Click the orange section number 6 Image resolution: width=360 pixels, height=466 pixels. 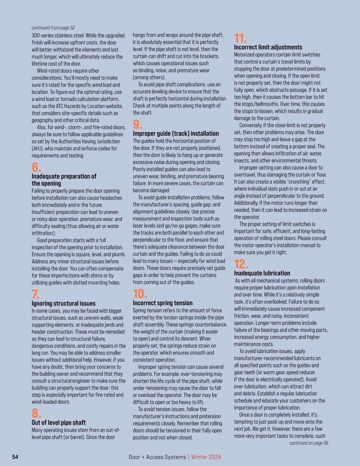pos(36,167)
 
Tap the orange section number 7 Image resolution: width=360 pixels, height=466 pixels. pos(36,294)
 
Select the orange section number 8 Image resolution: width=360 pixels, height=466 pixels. pos(36,413)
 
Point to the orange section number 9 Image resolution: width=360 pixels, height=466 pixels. pos(137,124)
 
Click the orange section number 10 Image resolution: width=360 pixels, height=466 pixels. pos(140,294)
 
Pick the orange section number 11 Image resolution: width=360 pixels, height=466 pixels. pos(240,38)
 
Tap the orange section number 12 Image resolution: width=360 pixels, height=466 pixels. pos(241,264)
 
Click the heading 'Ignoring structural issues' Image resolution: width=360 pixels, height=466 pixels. pos(64,303)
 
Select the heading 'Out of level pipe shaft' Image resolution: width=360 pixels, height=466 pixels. pos(59,422)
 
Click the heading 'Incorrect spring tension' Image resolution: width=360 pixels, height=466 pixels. pos(163,303)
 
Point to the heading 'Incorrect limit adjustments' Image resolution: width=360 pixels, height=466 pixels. pos(268,47)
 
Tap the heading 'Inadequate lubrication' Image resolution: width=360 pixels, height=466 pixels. pos(262,273)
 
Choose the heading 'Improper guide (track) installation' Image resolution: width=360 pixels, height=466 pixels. pos(176,134)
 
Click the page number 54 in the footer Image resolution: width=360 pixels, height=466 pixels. pos(15,457)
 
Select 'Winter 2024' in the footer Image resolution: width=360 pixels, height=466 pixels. pos(206,457)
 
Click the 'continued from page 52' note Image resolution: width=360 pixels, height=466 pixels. pos(53,28)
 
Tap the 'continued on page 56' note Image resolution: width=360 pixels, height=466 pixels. pos(309,443)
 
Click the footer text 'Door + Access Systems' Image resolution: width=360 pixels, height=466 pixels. pos(157,457)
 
